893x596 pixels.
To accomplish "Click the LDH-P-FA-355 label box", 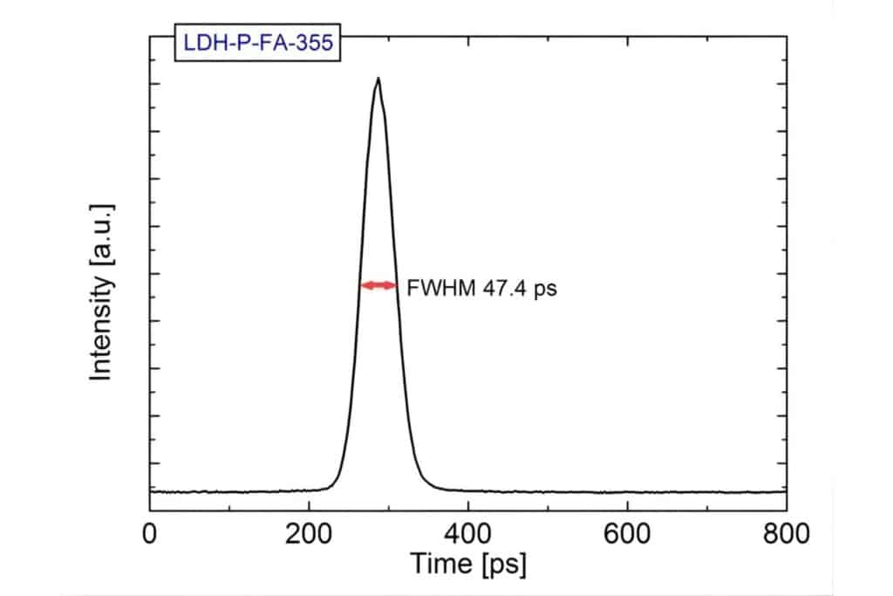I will (257, 43).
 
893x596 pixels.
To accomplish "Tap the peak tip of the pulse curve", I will (378, 79).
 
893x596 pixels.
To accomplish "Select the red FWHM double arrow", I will (379, 285).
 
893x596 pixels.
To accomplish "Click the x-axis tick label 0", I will (150, 531).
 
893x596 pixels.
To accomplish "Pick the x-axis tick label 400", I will (468, 531).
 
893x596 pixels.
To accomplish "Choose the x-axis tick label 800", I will (786, 531).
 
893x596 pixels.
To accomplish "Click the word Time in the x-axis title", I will (440, 565).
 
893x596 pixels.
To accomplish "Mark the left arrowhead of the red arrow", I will (365, 285).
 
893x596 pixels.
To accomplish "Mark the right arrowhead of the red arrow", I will (393, 285).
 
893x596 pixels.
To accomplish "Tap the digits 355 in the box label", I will (312, 43).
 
